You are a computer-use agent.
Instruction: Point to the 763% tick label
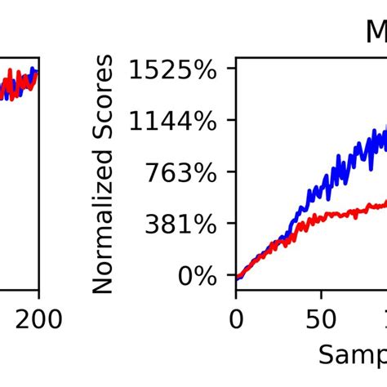(x=182, y=174)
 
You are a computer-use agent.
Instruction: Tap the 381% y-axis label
(x=182, y=225)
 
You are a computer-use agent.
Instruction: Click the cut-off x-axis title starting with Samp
(x=351, y=354)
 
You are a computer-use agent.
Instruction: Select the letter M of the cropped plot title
(x=376, y=33)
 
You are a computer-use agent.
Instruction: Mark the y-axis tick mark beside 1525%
(x=232, y=71)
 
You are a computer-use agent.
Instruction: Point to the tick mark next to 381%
(x=232, y=225)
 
